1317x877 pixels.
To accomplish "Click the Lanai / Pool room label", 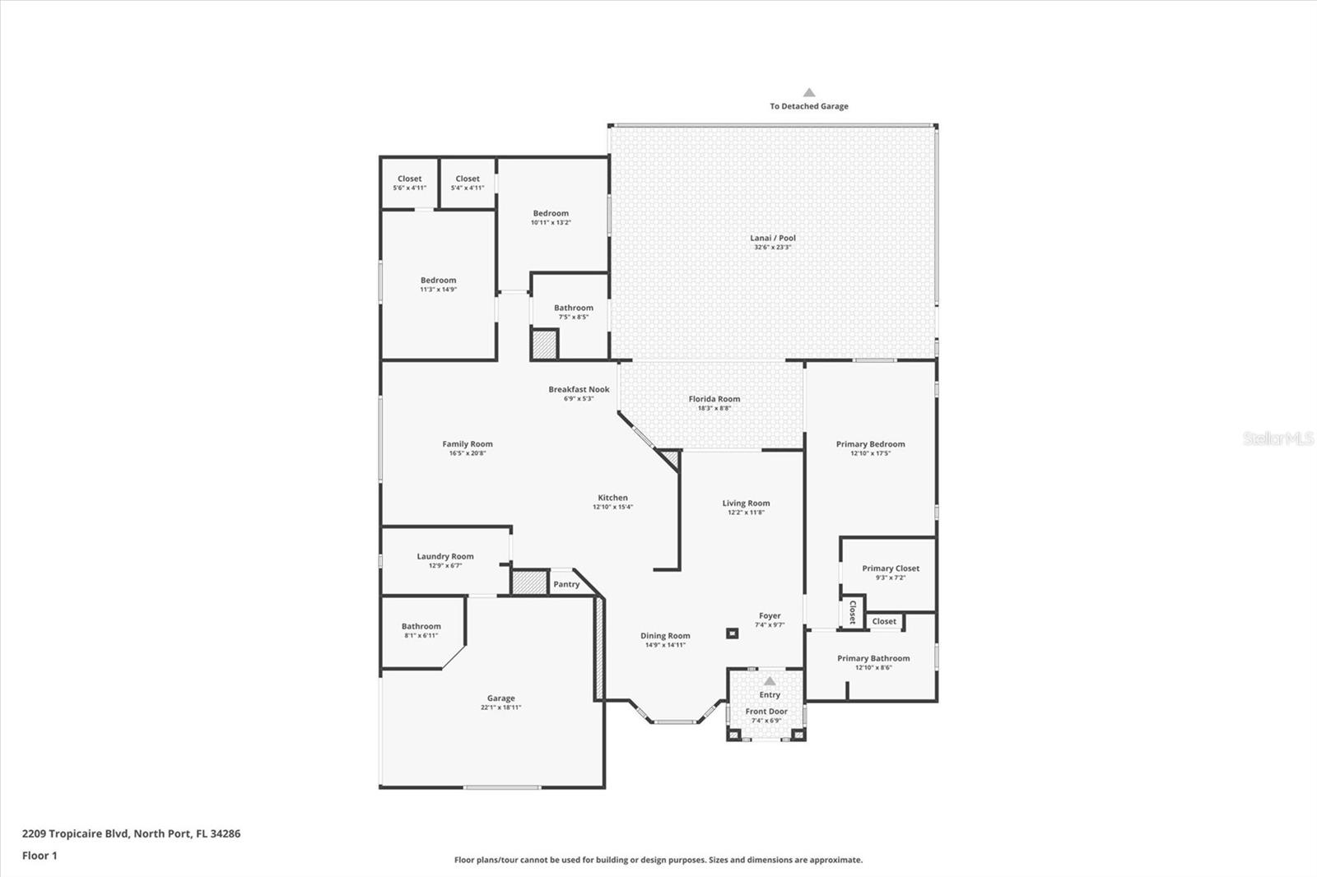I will [772, 238].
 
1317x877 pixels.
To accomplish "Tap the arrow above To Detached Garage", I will [809, 93].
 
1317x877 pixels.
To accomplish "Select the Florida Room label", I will [714, 399].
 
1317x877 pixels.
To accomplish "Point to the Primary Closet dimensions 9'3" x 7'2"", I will [890, 578].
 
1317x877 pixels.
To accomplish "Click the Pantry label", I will [566, 584].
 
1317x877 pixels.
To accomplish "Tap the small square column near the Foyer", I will [732, 633].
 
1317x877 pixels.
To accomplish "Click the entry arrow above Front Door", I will [770, 681].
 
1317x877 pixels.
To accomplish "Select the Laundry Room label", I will [444, 556].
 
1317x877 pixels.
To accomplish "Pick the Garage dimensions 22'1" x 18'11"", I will [500, 708].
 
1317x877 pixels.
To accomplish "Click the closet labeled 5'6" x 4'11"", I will [409, 183].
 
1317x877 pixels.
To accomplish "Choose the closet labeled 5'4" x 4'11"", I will [467, 183].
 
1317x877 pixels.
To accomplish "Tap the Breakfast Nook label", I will [579, 389].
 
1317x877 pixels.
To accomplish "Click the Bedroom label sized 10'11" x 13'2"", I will [551, 213].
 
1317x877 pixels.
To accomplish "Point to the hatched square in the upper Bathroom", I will [544, 344].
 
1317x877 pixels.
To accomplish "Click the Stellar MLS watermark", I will [1278, 438].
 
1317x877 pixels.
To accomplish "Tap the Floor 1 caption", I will [40, 856].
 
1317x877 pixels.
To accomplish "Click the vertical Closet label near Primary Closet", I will [853, 612].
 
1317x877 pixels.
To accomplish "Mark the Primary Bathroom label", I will [873, 658].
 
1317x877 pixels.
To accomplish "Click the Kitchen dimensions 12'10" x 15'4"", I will [612, 507].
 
